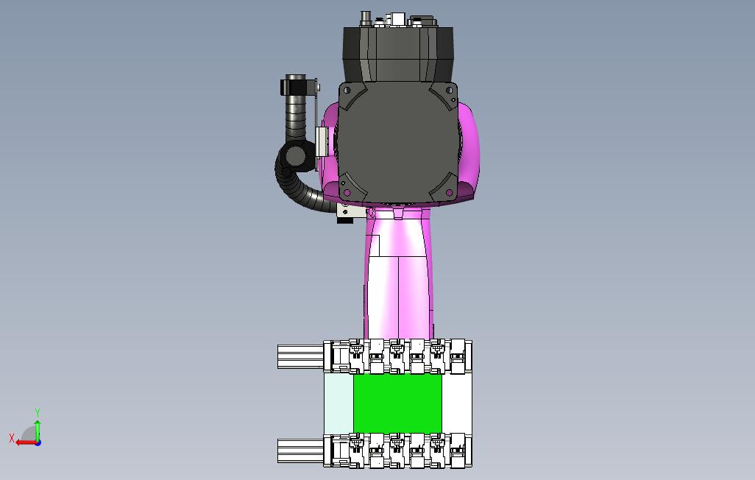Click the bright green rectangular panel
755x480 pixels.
(x=397, y=403)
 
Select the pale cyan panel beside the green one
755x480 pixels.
(x=339, y=403)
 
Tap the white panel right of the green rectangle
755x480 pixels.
(x=456, y=403)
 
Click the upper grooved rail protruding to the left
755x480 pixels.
(x=300, y=356)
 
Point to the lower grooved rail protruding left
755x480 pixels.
(x=300, y=451)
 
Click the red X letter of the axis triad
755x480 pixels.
(x=12, y=438)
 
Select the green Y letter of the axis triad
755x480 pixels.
(x=38, y=412)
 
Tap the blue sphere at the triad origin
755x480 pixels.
(x=38, y=442)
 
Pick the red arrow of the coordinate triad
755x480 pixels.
(x=26, y=442)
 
